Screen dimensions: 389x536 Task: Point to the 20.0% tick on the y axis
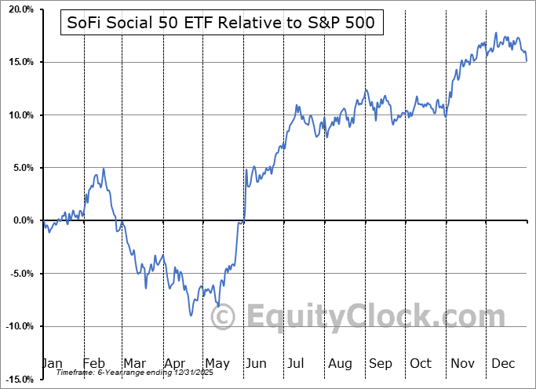point(17,9)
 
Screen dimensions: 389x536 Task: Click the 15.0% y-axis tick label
point(17,62)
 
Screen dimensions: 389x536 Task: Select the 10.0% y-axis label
point(17,115)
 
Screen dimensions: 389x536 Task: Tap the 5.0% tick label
point(20,168)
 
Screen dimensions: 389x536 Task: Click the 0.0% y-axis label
point(20,220)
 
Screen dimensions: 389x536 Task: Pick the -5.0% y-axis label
point(18,274)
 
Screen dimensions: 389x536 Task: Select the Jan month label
point(52,363)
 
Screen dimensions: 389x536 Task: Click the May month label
point(217,363)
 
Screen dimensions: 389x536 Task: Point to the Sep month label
point(381,363)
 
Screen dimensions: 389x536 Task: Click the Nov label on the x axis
point(462,363)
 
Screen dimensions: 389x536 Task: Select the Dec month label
point(504,363)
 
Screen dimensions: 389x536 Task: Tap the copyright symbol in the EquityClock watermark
point(223,318)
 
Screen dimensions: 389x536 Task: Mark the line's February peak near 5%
point(104,169)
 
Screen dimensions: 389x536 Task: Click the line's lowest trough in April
point(191,315)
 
